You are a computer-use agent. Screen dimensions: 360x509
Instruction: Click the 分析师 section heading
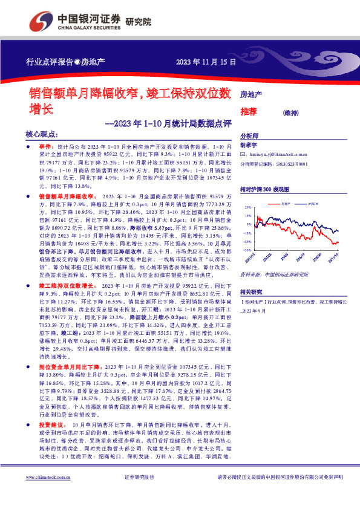coord(249,137)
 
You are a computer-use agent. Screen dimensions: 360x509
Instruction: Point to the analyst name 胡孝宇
coord(249,146)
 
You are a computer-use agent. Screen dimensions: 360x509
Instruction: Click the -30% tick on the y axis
coord(246,249)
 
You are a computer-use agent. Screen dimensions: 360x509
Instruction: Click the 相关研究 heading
coord(250,291)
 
